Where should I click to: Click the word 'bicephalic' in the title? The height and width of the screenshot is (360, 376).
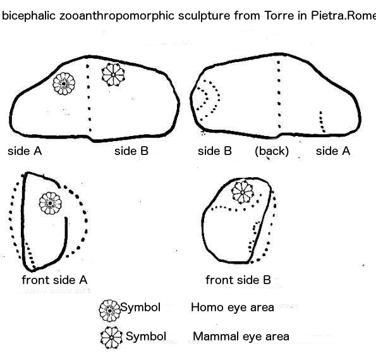pos(29,16)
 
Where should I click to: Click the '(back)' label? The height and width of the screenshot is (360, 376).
pos(272,151)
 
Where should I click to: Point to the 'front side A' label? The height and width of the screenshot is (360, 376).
pos(54,280)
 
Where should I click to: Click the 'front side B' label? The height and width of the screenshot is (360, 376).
pos(238,280)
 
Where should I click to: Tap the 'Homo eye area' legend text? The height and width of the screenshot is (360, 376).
pos(233,307)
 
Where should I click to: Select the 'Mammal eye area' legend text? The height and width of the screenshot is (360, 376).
pos(241,336)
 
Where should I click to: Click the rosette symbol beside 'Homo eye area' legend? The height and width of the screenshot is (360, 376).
pos(109,311)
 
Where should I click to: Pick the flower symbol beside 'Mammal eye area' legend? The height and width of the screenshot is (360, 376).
pos(111,338)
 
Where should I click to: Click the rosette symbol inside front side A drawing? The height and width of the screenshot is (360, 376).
pos(50,203)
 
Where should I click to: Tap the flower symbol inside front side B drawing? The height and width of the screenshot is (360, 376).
pos(243,192)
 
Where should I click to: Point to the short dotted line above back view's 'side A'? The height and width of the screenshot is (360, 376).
pos(322,122)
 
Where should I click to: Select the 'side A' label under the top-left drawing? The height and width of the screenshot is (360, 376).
pos(25,151)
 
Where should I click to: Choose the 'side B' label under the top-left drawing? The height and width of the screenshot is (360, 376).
pos(131,151)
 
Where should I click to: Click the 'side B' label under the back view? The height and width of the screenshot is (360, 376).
pos(215,151)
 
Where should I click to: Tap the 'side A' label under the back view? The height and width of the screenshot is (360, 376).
pos(333,151)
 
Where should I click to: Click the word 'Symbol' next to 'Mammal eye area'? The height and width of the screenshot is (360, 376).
pos(146,336)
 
